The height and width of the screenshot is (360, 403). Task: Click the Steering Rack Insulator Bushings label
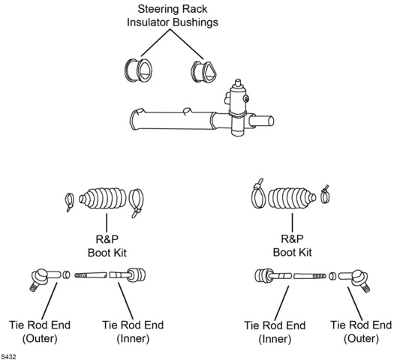(172, 16)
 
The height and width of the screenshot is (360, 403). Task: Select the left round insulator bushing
(138, 70)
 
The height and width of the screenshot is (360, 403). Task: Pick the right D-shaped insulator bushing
(203, 72)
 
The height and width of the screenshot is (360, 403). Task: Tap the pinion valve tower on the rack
(237, 107)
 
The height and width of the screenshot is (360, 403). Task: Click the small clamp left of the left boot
(69, 202)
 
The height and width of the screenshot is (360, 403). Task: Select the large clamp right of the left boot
(136, 202)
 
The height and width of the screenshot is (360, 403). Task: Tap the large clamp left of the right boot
(258, 193)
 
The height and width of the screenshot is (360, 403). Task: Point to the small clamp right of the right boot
(326, 196)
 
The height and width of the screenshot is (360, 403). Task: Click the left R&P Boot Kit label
(107, 246)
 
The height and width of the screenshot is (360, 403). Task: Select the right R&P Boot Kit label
(292, 245)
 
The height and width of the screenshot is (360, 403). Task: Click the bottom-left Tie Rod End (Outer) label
(40, 331)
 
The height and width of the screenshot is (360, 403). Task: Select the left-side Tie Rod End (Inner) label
(133, 331)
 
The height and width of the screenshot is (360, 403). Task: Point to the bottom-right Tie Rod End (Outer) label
(361, 331)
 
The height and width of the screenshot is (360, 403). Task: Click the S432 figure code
(8, 357)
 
